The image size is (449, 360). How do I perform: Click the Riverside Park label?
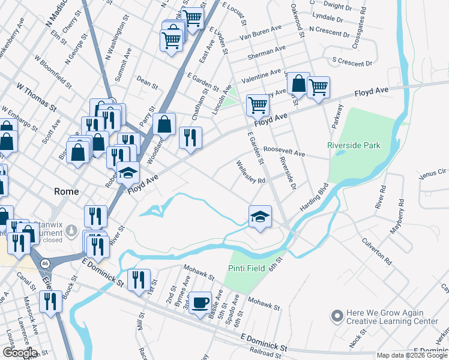(354, 145)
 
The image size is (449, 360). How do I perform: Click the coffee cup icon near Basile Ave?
(200, 302)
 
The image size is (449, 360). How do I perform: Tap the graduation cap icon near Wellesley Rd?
(260, 216)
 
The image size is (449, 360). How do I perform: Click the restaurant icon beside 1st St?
(139, 280)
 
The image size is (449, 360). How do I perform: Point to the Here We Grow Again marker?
(337, 314)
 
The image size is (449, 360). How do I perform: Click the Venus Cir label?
(433, 173)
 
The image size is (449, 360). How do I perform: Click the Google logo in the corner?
(19, 352)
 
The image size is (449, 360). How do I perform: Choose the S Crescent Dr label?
(352, 62)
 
